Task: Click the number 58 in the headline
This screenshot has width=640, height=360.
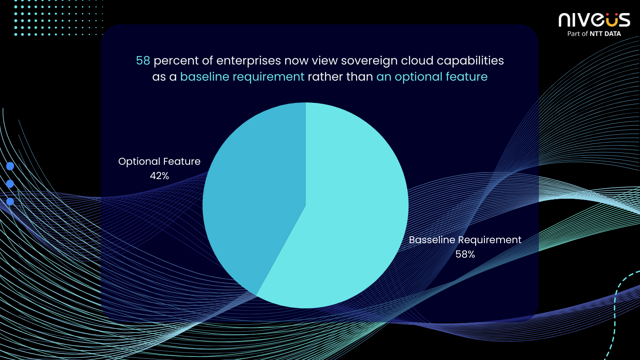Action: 143,61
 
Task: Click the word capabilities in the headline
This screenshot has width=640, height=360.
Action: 470,61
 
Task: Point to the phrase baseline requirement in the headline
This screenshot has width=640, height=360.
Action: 242,77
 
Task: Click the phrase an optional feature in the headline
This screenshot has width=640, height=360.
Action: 432,77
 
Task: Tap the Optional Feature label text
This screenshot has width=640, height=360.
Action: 160,161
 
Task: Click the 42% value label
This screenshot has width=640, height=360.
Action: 160,176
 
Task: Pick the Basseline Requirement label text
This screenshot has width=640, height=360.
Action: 465,240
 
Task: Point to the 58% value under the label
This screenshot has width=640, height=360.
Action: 465,254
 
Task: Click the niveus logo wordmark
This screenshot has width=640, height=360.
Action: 594,20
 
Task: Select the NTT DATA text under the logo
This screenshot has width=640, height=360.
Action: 605,34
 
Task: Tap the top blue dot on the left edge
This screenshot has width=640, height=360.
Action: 10,166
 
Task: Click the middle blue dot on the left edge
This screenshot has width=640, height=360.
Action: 10,184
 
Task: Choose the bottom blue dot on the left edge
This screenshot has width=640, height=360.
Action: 10,201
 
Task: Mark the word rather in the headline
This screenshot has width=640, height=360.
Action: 325,77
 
